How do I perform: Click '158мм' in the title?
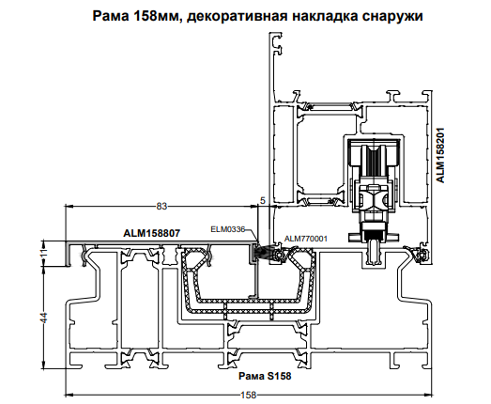(x=160, y=17)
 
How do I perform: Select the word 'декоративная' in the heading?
(x=236, y=17)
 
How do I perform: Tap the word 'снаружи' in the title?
(x=388, y=17)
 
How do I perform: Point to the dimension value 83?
(x=161, y=206)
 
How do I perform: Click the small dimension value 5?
(x=263, y=200)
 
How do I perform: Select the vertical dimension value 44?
(x=42, y=319)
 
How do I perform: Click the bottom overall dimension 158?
(x=246, y=395)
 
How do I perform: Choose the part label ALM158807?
(x=152, y=230)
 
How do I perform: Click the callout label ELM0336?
(x=227, y=229)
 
